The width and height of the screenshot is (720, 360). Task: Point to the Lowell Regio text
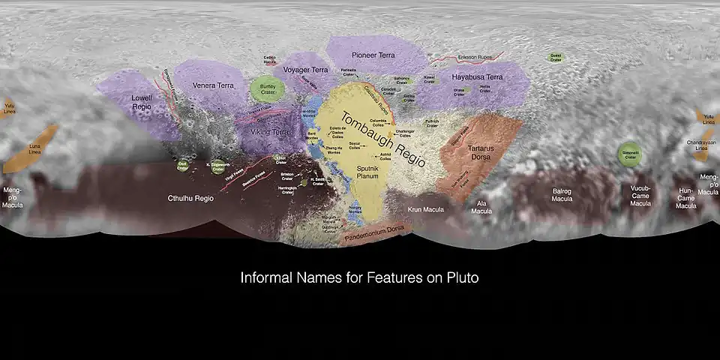pos(142,102)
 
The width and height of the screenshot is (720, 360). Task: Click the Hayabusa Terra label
pos(477,76)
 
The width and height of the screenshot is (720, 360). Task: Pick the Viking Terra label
pos(270,132)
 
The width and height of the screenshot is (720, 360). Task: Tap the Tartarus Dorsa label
pos(481,153)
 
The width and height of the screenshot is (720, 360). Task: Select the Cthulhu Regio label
pos(190,199)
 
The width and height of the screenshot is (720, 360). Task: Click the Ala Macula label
pos(481,206)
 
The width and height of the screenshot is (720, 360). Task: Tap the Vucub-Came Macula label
pos(640,196)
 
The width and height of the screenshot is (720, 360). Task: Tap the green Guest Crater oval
pos(556,57)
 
